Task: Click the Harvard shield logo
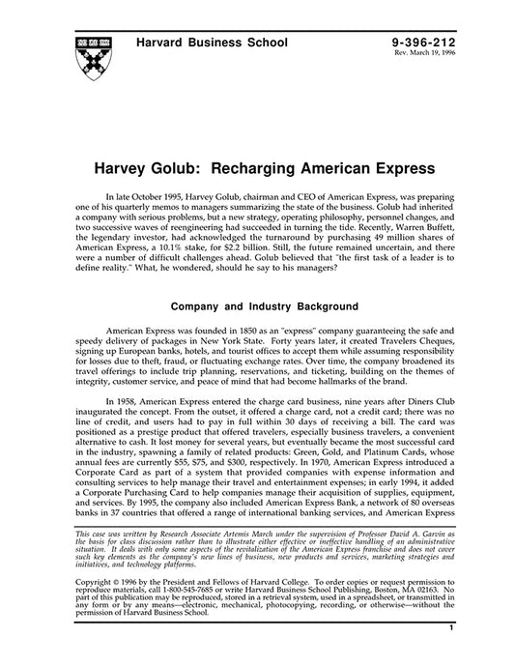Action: pos(94,56)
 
